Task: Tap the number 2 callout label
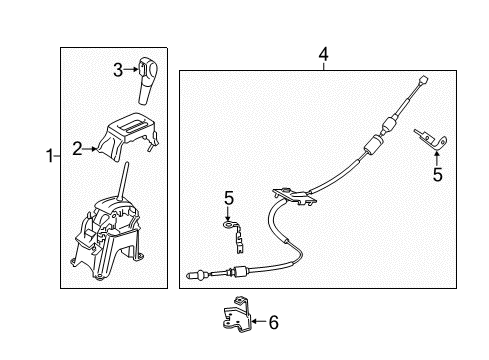tap(77, 149)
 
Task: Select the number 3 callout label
tap(117, 70)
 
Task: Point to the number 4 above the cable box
tap(322, 54)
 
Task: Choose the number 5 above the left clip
tap(228, 199)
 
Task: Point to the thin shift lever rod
tap(123, 186)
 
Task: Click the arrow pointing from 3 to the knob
tap(130, 70)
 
